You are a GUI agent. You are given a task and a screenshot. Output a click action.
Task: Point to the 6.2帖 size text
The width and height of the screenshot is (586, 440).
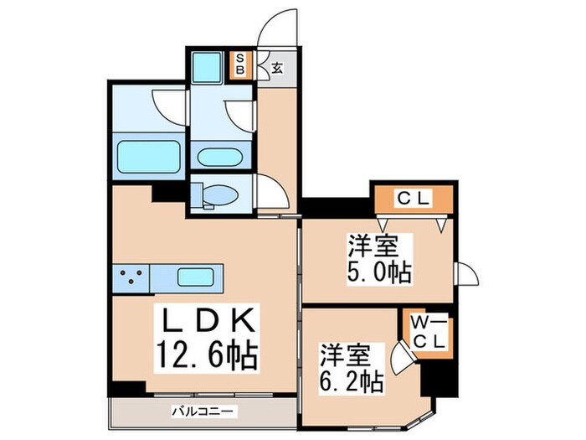(x=350, y=382)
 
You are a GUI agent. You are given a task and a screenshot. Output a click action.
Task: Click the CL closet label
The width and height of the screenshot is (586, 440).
(x=413, y=199)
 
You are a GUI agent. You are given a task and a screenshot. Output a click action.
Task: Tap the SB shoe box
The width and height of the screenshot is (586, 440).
(x=240, y=65)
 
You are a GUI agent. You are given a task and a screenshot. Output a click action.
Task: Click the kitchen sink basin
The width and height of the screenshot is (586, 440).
(x=199, y=276)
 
